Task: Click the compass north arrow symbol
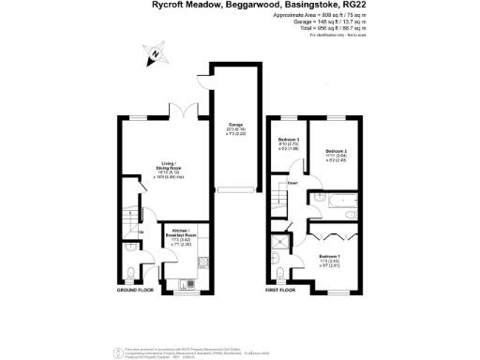click(156, 56)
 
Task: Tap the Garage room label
click(236, 128)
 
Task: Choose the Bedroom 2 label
click(336, 153)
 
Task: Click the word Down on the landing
click(292, 183)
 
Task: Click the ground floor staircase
click(129, 225)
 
